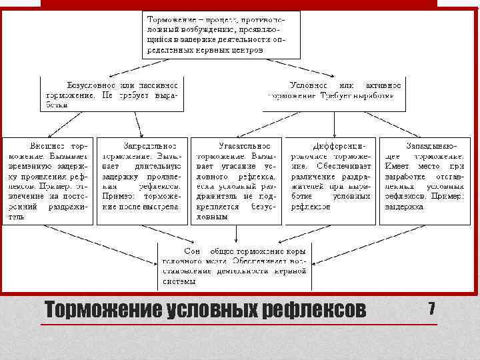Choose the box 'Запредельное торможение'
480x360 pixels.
point(141,176)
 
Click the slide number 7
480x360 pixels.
point(431,309)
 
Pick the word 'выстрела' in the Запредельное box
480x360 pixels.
point(162,207)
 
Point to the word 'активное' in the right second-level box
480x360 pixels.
point(383,85)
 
